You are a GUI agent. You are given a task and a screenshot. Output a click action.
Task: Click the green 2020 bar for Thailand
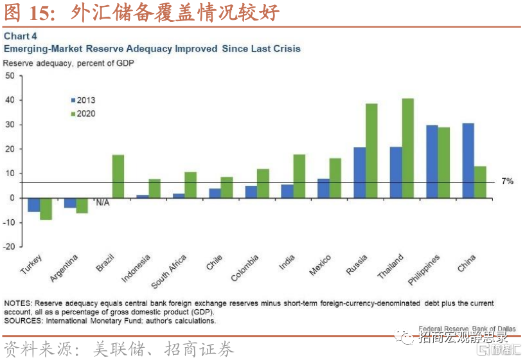tap(407, 148)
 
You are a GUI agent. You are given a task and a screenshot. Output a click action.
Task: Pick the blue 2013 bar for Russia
tap(359, 172)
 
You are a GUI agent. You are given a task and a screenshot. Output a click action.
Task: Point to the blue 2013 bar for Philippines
tap(432, 161)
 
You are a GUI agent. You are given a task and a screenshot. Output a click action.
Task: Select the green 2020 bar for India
tap(299, 176)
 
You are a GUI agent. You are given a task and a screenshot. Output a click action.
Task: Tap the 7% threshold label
tap(508, 181)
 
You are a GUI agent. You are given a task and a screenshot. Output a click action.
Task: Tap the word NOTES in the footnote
tap(17, 303)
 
